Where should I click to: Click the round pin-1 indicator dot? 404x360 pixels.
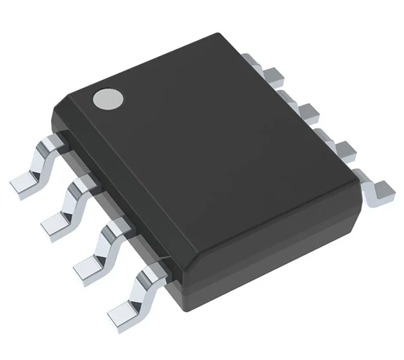coord(108,98)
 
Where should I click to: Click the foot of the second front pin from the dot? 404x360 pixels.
coord(55,224)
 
